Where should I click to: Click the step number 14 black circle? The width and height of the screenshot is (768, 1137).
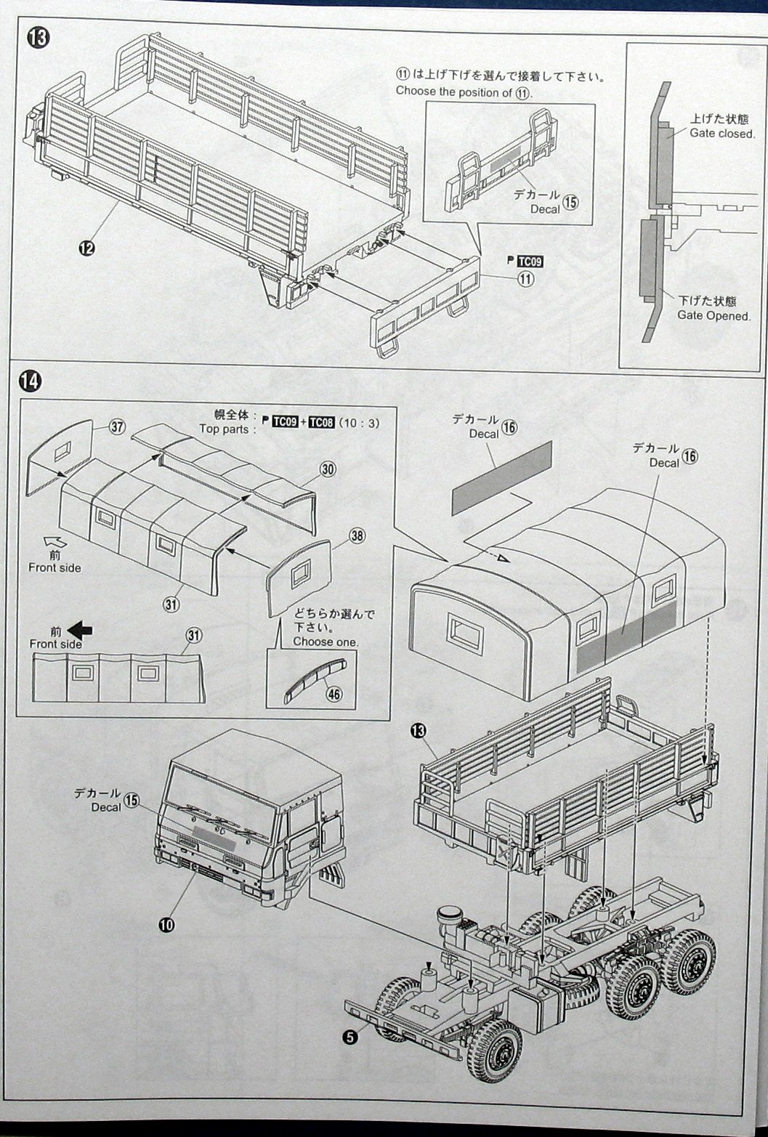click(x=32, y=380)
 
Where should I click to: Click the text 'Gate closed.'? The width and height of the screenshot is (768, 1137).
click(x=721, y=134)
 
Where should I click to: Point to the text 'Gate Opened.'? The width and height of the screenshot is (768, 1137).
click(x=714, y=315)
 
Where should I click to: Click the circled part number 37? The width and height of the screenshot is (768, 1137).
click(x=118, y=427)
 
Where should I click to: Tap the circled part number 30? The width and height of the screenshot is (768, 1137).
click(x=328, y=469)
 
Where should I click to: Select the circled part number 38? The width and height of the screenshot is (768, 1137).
click(x=356, y=536)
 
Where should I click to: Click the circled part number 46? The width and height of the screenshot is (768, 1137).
click(x=334, y=694)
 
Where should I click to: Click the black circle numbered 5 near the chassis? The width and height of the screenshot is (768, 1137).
click(x=352, y=1037)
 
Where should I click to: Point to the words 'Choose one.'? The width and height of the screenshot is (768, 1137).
click(x=325, y=642)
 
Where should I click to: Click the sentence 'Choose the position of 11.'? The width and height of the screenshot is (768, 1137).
click(x=464, y=92)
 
